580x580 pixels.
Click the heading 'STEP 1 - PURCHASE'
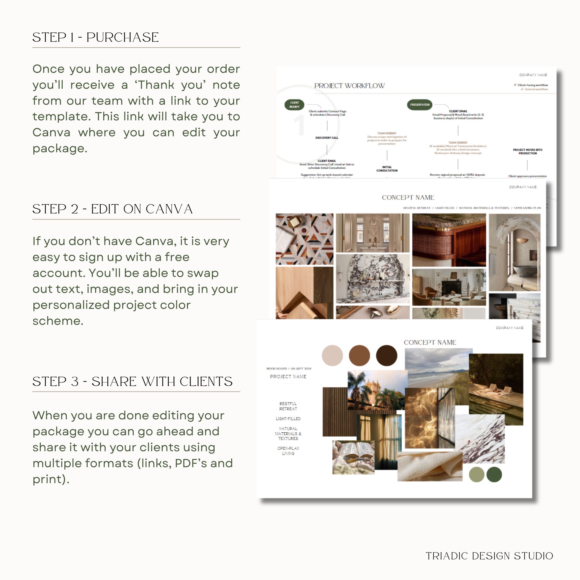coord(95,37)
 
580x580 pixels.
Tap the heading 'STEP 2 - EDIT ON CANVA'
coord(112,209)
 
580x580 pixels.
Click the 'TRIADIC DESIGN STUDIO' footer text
coord(489,556)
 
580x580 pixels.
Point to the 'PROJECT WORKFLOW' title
coord(349,86)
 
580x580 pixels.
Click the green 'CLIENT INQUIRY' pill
coord(294,105)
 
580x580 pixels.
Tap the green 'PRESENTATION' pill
coord(419,105)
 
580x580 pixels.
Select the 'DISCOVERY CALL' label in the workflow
coord(327,138)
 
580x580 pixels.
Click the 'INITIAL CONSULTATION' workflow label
coord(387,169)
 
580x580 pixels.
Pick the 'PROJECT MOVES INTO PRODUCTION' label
coord(528,152)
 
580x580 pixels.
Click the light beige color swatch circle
coord(332,356)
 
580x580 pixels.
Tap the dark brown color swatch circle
coord(386,356)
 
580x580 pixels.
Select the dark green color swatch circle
coord(494,474)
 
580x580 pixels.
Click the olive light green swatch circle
coord(476,474)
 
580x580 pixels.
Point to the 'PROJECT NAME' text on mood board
coord(288,376)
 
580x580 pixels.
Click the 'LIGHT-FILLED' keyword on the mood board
coord(288,418)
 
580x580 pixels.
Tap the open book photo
coord(353,457)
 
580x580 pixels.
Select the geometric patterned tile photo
coord(304,239)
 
